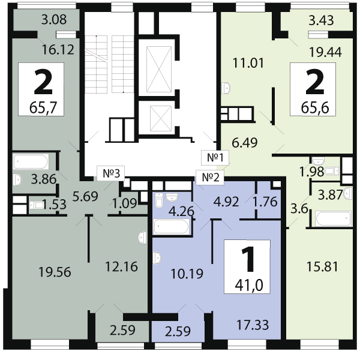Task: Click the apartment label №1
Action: coord(215,158)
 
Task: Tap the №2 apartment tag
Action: coord(210,177)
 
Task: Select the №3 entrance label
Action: coord(111,173)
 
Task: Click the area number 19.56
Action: coord(55,272)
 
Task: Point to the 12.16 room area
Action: coord(121,266)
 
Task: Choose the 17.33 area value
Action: coord(253,325)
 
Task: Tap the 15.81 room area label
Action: coord(322,267)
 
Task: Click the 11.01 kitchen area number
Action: coord(248,63)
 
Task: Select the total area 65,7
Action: coord(43,107)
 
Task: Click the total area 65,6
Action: coord(315,107)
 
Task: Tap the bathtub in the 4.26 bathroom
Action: coord(172,227)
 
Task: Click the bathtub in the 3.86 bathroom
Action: coord(31,162)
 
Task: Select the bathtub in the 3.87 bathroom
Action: coord(333,218)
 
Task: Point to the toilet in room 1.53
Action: coord(36,205)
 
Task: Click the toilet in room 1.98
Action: coord(332,171)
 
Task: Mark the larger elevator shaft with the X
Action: coord(159,70)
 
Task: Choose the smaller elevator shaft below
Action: coord(160,119)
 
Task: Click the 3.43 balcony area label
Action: coord(321,20)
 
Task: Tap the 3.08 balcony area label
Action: coord(54,20)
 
